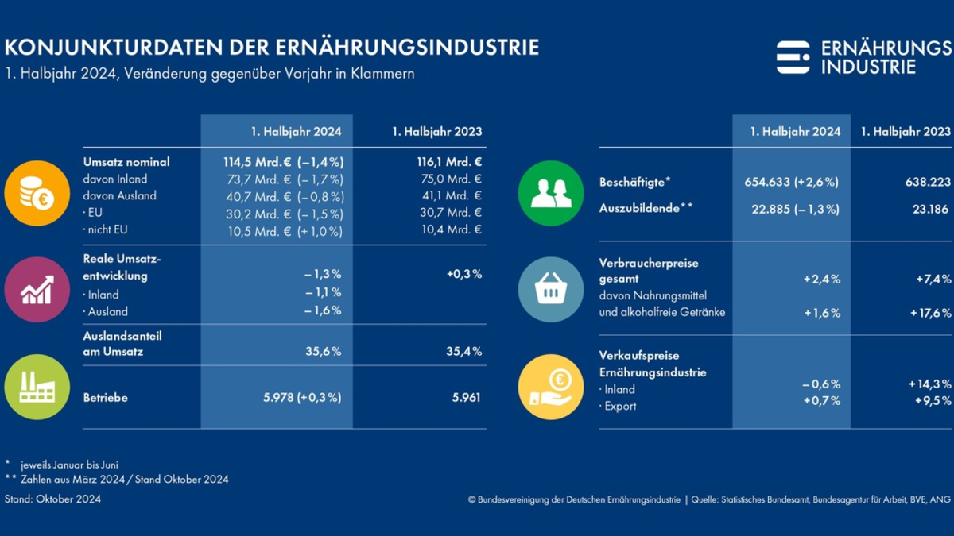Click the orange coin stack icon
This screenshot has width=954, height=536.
coord(37,193)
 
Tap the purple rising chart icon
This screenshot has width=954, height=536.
coord(37,289)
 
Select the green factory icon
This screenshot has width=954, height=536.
coord(37,388)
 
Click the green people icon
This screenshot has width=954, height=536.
coord(551,193)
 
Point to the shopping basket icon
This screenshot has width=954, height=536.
coord(551,289)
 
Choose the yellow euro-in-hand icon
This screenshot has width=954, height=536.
coord(551,388)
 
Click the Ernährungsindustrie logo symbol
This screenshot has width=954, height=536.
coord(793,57)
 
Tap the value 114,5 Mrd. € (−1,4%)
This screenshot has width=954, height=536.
coord(283,162)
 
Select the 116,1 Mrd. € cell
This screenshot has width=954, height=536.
coord(448,162)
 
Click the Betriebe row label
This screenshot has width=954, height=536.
coord(105,397)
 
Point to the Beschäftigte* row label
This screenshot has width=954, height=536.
coord(634,182)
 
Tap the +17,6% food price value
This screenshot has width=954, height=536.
coord(930,312)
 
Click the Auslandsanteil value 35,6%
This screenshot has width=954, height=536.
coord(324,352)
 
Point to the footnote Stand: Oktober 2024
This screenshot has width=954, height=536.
coord(52,499)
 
